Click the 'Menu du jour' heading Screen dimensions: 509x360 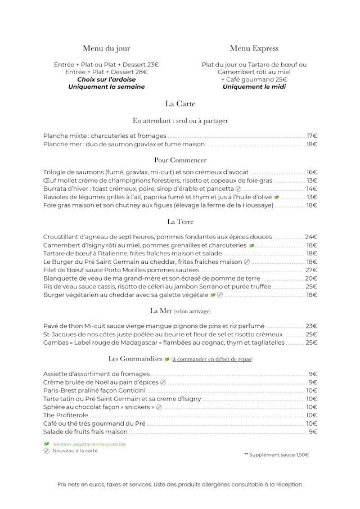point(106,48)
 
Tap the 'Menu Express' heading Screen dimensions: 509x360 point(254,48)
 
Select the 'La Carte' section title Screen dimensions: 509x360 point(180,103)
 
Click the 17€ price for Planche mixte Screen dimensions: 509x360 point(312,136)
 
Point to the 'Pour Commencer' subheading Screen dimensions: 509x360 point(180,160)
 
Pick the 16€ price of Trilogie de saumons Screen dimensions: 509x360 point(312,172)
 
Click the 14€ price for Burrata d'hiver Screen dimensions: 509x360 point(312,188)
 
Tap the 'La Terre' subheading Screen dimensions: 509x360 point(180,222)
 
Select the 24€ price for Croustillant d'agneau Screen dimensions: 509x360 point(311,237)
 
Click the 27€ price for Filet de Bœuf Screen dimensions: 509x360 point(311,270)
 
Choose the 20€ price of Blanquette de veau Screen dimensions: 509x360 point(311,278)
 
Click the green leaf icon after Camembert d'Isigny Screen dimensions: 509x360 point(251,245)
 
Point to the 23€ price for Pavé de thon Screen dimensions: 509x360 point(311,326)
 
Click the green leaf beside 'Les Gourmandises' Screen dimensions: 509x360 point(167,359)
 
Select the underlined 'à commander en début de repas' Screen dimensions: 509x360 point(212,359)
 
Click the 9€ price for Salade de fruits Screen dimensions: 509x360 point(313,431)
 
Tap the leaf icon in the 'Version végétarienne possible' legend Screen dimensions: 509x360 point(47,444)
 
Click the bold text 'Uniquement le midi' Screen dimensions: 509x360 point(254,87)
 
